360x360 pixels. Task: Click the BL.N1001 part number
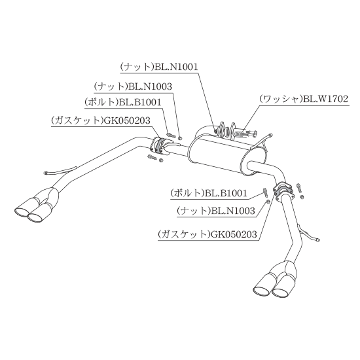176,67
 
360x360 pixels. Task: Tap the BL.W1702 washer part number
326,99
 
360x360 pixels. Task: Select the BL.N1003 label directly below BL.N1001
150,87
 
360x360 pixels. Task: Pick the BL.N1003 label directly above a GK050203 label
233,211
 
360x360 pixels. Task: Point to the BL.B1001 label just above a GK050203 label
140,102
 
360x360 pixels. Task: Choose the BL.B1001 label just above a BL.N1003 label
226,193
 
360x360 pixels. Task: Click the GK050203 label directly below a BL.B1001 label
127,121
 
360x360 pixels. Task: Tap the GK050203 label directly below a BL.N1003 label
234,234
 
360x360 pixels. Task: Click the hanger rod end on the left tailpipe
46,173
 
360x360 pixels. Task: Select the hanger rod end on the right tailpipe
317,240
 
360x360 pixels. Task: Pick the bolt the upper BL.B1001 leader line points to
171,134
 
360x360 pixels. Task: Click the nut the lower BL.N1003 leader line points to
268,202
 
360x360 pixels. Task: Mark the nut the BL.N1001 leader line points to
216,131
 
